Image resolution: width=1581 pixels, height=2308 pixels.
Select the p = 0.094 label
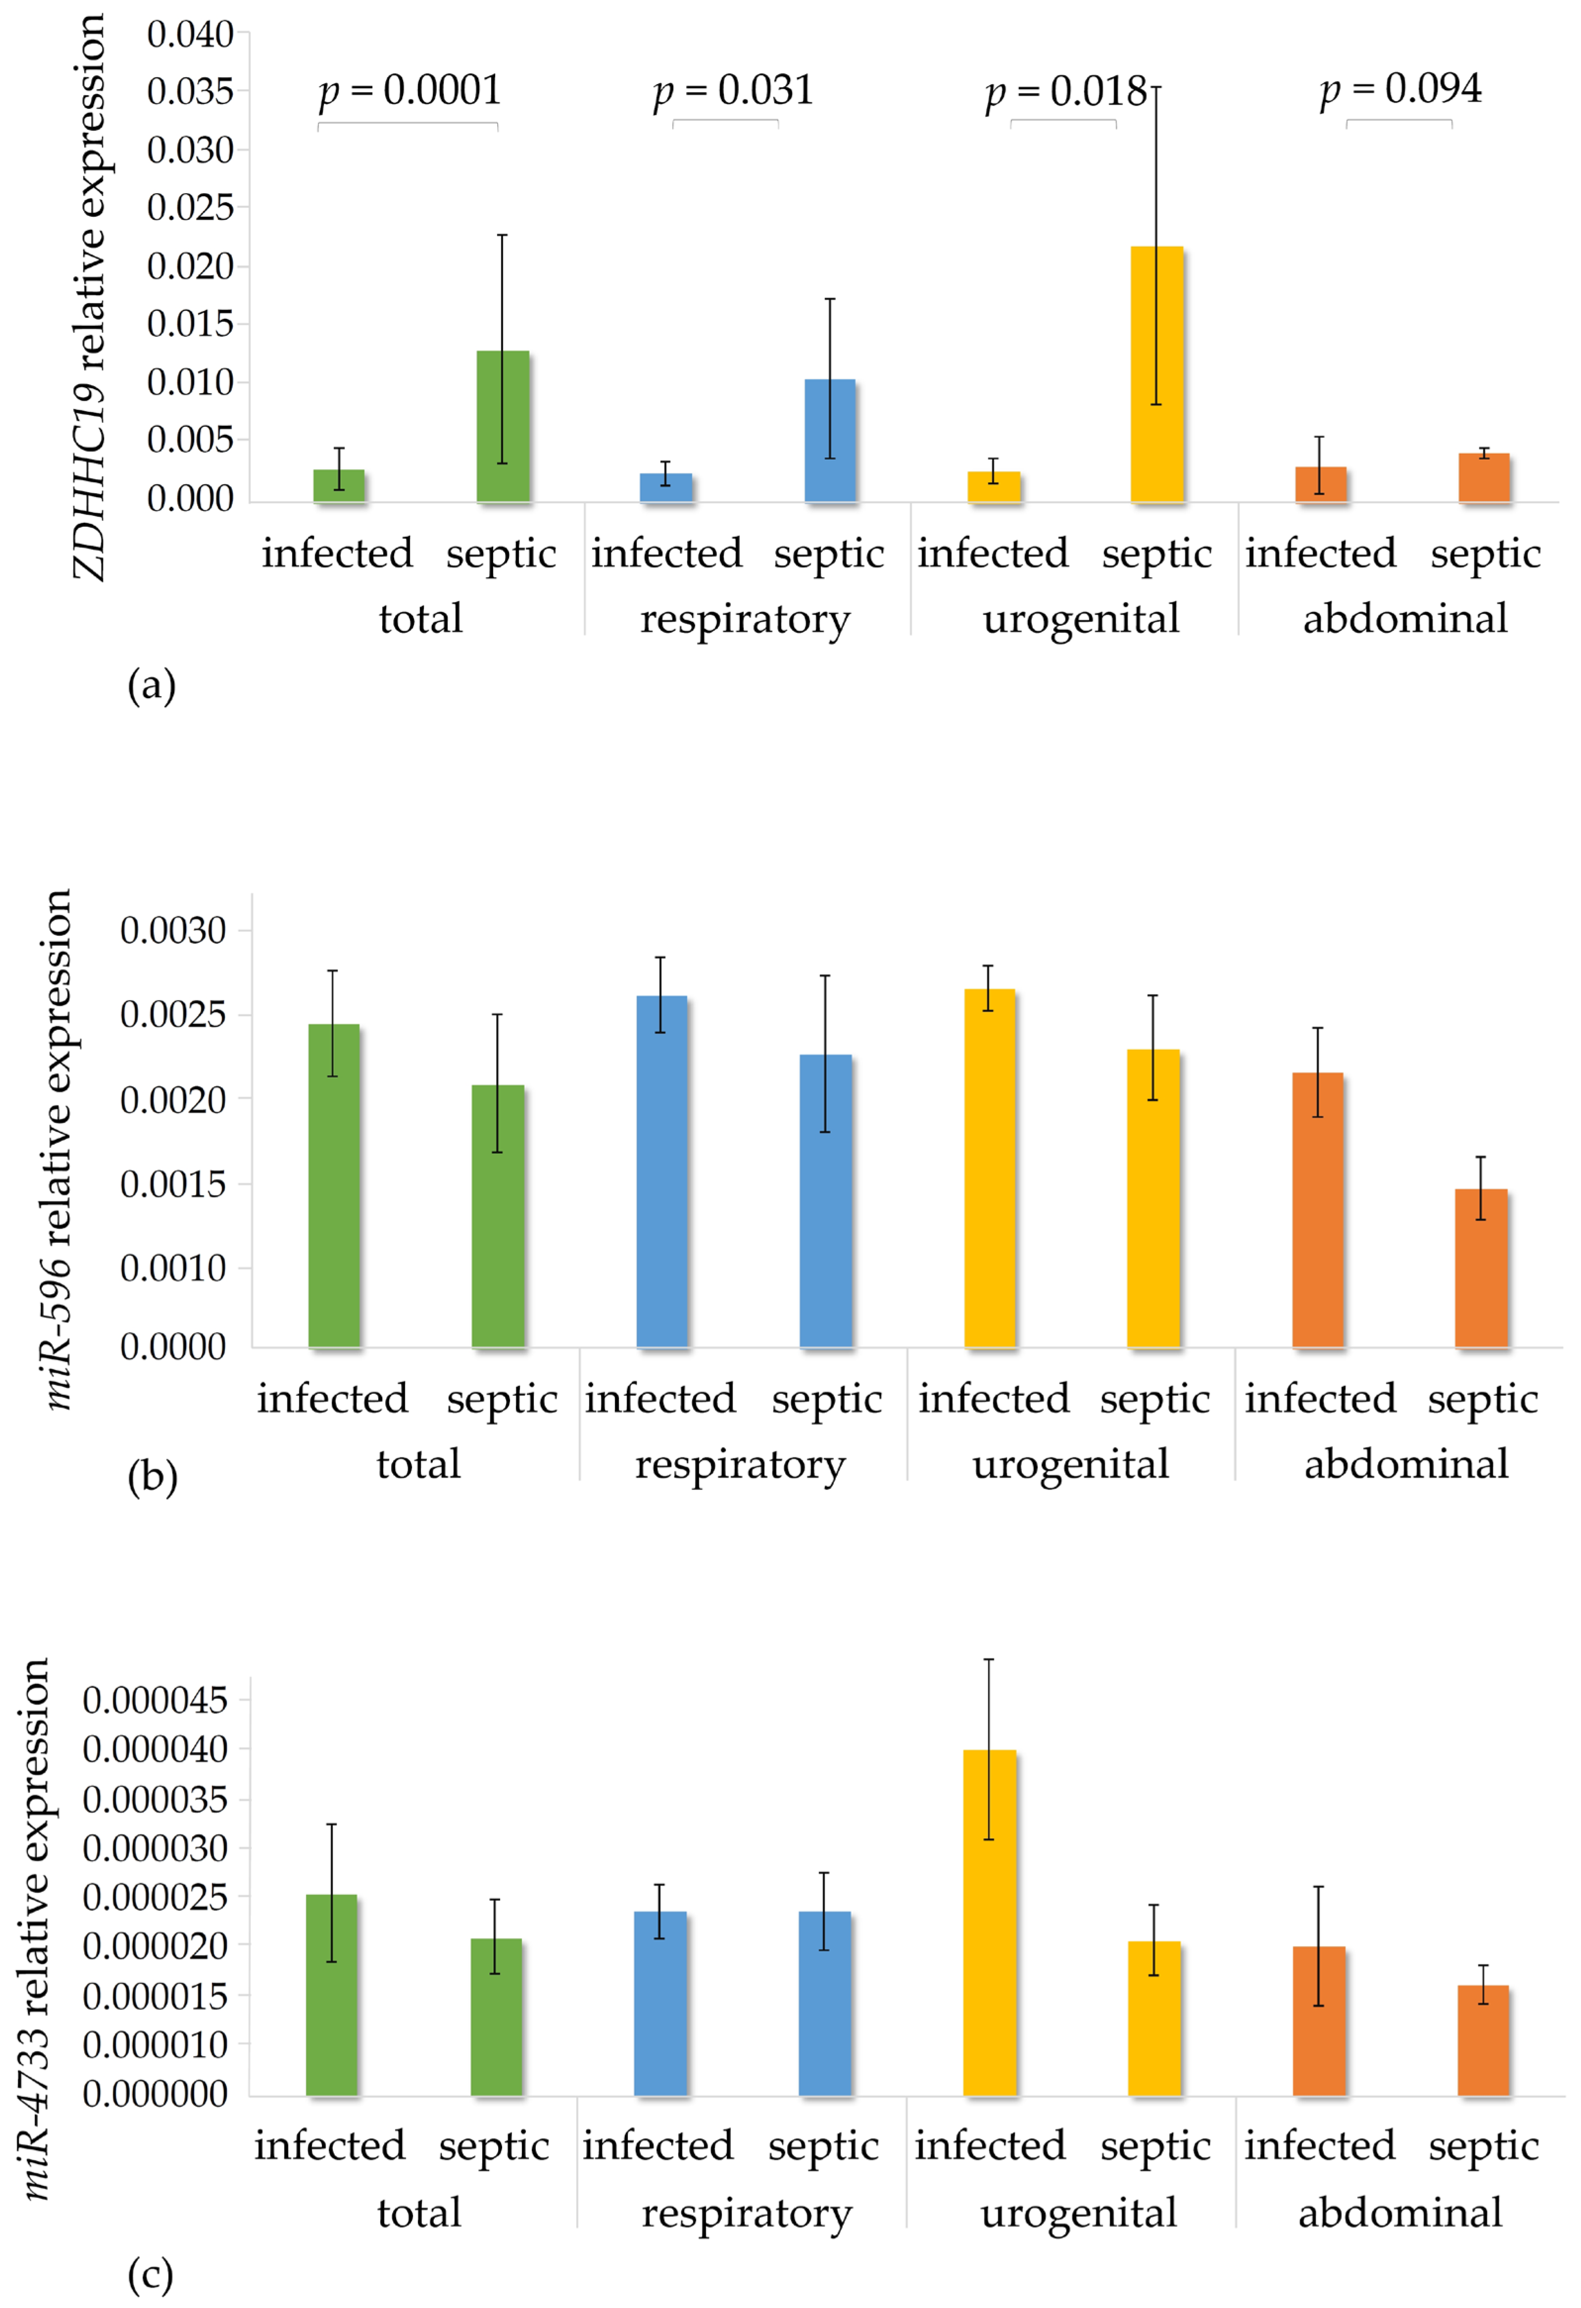tap(1400, 90)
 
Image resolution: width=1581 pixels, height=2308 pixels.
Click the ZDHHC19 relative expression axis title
tap(90, 298)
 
